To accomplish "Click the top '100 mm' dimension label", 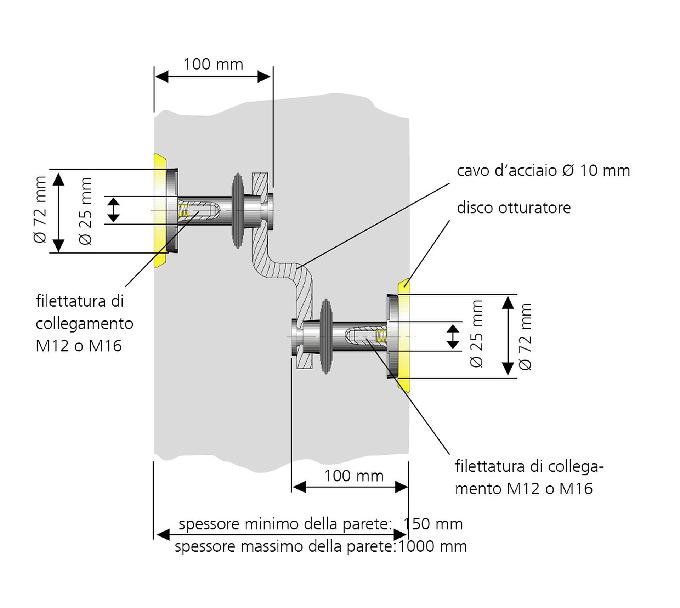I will (213, 65).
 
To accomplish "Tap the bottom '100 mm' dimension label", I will (354, 476).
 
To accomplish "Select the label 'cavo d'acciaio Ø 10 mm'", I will (543, 171).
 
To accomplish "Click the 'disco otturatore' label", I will (514, 208).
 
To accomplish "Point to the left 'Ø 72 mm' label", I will (40, 210).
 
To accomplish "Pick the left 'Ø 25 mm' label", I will (85, 211).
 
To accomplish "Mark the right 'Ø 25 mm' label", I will (476, 334).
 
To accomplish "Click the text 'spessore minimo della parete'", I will (285, 524).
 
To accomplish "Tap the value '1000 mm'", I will (432, 546).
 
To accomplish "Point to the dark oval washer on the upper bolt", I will (238, 211).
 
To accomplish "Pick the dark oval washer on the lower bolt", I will (326, 336).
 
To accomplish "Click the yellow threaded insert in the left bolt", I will (183, 210).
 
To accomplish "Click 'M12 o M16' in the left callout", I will (79, 346).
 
